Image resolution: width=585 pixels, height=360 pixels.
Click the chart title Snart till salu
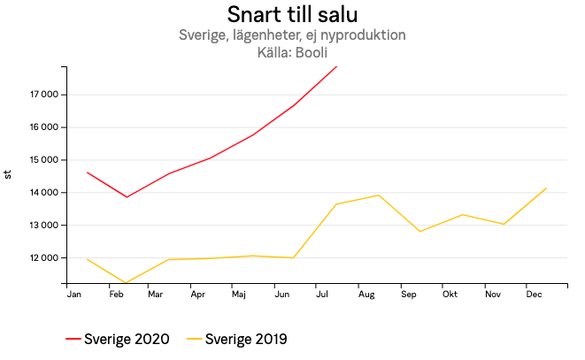pos(292,15)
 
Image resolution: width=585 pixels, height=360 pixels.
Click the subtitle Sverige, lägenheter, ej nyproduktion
pos(292,35)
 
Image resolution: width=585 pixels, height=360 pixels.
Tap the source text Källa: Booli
pos(292,52)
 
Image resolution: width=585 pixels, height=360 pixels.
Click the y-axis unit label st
pos(9,174)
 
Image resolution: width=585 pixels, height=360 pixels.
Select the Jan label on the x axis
pos(74,294)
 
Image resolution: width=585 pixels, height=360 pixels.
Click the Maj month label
pos(238,294)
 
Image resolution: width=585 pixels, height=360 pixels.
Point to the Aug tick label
pos(366,294)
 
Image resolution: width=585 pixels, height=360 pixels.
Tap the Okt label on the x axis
pos(450,294)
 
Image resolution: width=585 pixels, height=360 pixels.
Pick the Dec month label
pos(535,294)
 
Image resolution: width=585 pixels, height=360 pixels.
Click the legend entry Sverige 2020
pos(119,339)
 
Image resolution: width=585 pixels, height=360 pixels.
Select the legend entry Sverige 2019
pos(237,339)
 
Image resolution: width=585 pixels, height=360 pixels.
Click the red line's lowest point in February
pos(127,197)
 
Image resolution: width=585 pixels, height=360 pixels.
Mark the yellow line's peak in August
pos(379,195)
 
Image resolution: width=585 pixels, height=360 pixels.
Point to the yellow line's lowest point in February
pos(127,283)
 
